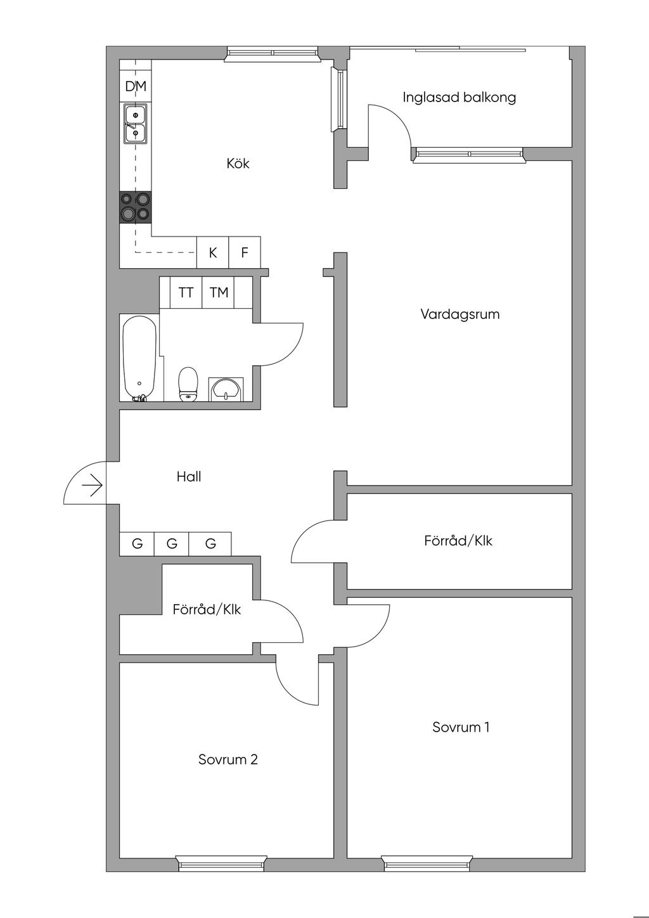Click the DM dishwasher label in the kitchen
click(x=136, y=86)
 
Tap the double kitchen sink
click(x=136, y=124)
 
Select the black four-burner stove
click(x=136, y=207)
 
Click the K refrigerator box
click(x=213, y=252)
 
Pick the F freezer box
click(x=245, y=252)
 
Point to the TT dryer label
click(x=186, y=292)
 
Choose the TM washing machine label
click(x=219, y=292)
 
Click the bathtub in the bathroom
click(x=139, y=358)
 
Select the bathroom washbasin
click(x=225, y=389)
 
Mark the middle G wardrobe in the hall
click(x=172, y=543)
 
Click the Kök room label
click(x=238, y=164)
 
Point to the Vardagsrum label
click(x=459, y=314)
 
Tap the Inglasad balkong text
click(x=459, y=97)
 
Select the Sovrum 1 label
click(x=461, y=727)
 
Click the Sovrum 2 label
click(x=228, y=760)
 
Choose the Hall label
click(x=189, y=477)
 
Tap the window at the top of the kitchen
click(x=273, y=55)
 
